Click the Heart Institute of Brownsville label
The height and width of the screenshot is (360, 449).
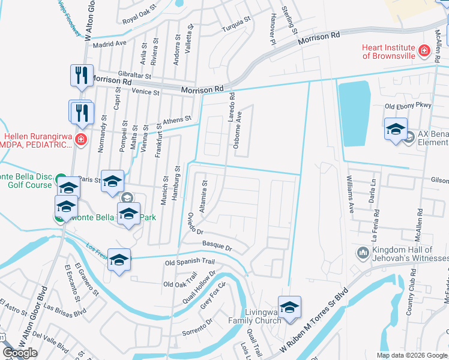(x=388, y=52)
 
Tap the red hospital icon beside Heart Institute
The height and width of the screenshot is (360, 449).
(x=424, y=50)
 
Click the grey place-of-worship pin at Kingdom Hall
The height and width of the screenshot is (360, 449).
(x=362, y=252)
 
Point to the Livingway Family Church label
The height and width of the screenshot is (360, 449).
(x=264, y=316)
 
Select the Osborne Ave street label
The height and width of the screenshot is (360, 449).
(x=239, y=126)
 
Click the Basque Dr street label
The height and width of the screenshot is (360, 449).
(x=217, y=246)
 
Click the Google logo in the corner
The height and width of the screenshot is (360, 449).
(x=20, y=353)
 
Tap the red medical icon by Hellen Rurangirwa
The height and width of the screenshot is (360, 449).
(x=82, y=141)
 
